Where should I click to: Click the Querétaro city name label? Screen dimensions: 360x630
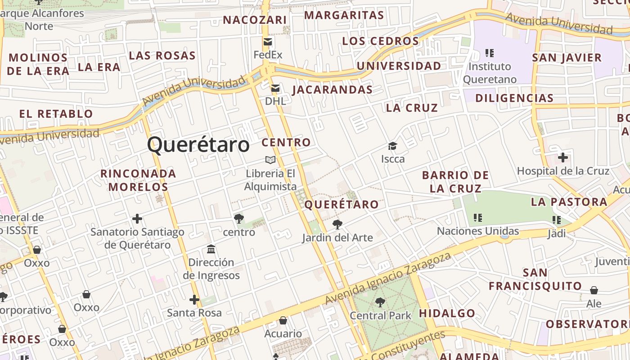(198, 145)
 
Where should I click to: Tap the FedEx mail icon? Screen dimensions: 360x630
(268, 42)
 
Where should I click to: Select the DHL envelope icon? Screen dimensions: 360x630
(275, 88)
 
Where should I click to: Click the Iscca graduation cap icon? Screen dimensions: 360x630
(393, 146)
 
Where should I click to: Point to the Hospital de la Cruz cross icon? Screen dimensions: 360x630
(562, 157)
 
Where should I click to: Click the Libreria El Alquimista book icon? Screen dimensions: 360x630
(270, 160)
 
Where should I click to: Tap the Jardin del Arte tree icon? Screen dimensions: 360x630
(337, 224)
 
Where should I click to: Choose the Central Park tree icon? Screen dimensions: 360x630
(380, 302)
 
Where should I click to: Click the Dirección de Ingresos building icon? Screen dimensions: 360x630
(211, 249)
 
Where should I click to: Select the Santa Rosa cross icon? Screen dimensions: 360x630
(194, 299)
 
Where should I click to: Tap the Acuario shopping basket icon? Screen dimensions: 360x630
(283, 320)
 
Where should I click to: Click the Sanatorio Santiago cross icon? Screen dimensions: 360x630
(137, 219)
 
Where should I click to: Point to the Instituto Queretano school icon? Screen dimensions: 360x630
(490, 53)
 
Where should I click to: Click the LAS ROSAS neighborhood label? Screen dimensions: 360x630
(162, 56)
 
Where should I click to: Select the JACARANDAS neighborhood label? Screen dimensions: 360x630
(333, 90)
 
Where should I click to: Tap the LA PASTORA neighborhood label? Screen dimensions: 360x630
(569, 202)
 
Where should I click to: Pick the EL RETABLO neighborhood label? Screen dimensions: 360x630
(56, 114)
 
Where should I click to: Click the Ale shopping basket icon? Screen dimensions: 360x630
(594, 290)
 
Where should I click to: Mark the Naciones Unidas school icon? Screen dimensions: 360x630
(478, 218)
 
